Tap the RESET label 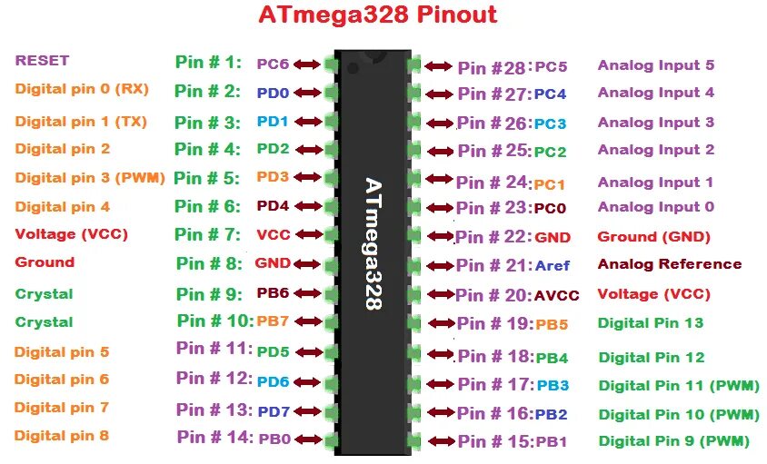point(42,61)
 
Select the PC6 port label point(272,64)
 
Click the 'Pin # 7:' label point(208,234)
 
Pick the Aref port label point(552,266)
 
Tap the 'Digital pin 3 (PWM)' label point(90,179)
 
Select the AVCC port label point(557,295)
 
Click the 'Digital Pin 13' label point(651,323)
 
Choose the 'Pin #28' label point(492,67)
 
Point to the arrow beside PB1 point(441,442)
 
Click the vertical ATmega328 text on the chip point(374,244)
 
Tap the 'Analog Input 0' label point(655,207)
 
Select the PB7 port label point(273,321)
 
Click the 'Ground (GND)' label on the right point(652,237)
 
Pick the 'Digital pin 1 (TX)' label point(81,122)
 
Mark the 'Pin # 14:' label point(214,437)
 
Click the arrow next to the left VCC point(309,235)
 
